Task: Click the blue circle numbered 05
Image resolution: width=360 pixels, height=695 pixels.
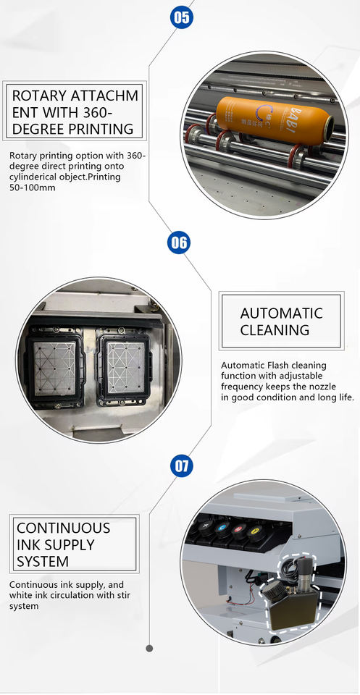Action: pyautogui.click(x=181, y=17)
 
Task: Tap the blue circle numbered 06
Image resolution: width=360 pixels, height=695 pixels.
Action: pyautogui.click(x=179, y=243)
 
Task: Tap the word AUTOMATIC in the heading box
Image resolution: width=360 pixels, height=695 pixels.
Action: pyautogui.click(x=281, y=313)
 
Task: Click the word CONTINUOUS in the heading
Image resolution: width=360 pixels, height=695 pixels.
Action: pyautogui.click(x=64, y=528)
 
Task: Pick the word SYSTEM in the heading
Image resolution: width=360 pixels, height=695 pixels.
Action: pyautogui.click(x=43, y=562)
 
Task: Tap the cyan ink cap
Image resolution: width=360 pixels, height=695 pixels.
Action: pyautogui.click(x=222, y=528)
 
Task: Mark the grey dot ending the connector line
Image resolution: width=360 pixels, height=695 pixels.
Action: pyautogui.click(x=149, y=648)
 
